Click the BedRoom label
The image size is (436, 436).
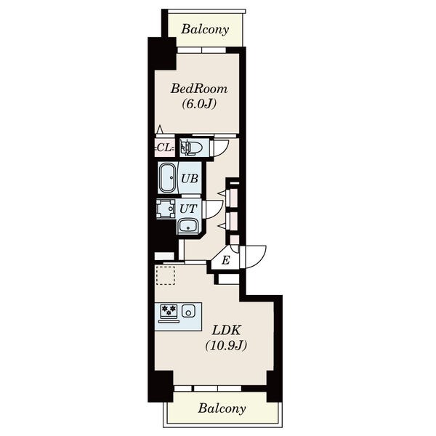(x=199, y=89)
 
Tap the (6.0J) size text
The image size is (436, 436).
(x=199, y=104)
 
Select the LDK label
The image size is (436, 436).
(x=226, y=331)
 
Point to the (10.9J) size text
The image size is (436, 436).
(x=226, y=346)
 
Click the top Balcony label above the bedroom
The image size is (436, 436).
(x=205, y=29)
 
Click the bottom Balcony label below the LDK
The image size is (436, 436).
(x=222, y=408)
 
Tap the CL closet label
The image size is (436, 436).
(x=165, y=148)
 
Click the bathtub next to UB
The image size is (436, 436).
(x=168, y=178)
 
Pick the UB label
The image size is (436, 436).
(x=190, y=179)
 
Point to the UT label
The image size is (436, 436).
(x=188, y=209)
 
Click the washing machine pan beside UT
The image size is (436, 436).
(x=166, y=209)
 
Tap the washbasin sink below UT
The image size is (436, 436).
(x=188, y=225)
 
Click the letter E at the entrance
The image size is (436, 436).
(x=226, y=260)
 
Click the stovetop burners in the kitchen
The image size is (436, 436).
(x=169, y=311)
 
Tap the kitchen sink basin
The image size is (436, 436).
(x=188, y=310)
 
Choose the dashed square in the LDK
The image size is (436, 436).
(x=165, y=275)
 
